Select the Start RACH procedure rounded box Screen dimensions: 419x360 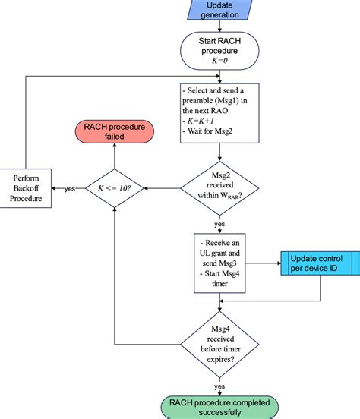[x=219, y=50]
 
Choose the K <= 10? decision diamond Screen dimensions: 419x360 [x=114, y=188]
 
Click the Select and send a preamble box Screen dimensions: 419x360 [x=219, y=115]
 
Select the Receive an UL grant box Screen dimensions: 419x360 [x=219, y=263]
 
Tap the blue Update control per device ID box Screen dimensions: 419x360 [x=319, y=263]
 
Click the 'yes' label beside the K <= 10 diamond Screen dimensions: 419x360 [x=69, y=188]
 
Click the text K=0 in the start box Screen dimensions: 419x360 [x=219, y=60]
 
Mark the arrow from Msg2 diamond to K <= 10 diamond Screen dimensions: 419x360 [x=162, y=188]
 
